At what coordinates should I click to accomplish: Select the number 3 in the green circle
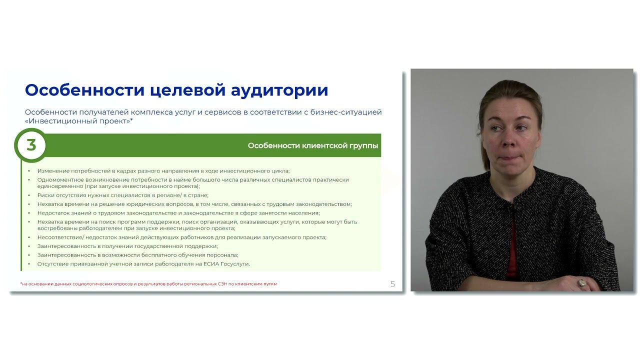[31, 145]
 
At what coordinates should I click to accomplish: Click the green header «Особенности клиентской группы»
[313, 145]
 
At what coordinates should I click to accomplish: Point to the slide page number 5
[392, 284]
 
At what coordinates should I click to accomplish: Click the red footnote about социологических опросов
[148, 284]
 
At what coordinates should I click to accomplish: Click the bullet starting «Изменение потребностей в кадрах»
[163, 171]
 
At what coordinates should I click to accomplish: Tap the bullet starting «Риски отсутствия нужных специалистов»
[122, 195]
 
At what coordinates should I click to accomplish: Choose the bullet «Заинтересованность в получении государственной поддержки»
[127, 246]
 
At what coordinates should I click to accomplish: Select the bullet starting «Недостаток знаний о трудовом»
[178, 212]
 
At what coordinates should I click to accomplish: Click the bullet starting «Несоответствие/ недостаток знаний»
[181, 237]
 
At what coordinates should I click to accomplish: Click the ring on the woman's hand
[581, 283]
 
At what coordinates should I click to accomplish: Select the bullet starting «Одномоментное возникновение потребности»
[192, 182]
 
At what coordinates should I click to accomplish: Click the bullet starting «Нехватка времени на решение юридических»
[194, 204]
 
